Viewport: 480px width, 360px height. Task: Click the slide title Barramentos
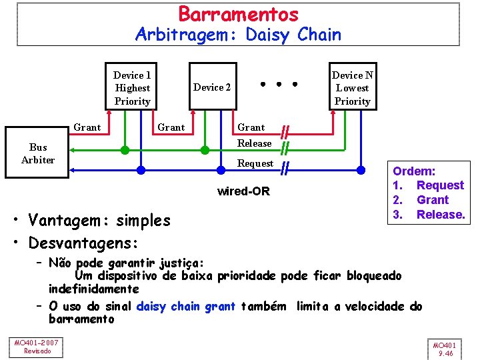click(238, 13)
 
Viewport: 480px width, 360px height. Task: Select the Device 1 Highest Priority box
click(132, 88)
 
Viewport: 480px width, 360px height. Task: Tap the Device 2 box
click(212, 87)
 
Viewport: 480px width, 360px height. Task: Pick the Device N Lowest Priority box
click(352, 88)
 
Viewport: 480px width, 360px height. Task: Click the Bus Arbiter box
click(38, 153)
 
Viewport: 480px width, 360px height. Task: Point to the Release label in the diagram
click(255, 143)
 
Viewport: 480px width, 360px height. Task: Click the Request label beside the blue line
click(255, 163)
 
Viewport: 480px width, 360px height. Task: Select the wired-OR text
click(244, 192)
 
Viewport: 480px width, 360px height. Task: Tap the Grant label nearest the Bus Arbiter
click(87, 127)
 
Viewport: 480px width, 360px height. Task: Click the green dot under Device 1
click(125, 150)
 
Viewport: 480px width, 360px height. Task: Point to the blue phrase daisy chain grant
click(185, 307)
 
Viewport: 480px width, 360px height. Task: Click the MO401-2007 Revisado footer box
click(37, 347)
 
